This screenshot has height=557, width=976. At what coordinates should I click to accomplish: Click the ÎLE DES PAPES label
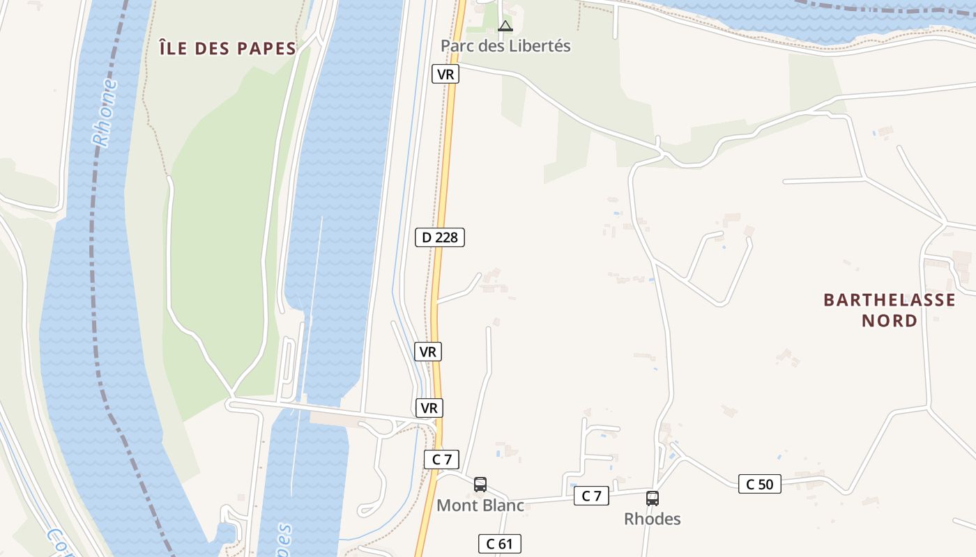pos(228,48)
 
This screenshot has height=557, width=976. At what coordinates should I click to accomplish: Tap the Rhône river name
pos(105,113)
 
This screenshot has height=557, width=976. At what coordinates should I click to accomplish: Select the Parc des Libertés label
pos(505,46)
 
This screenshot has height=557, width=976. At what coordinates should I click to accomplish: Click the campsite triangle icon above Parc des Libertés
pos(505,26)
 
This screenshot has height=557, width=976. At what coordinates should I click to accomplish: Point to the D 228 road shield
pos(440,237)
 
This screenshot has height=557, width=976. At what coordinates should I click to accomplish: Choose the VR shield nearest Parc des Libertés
pos(445,74)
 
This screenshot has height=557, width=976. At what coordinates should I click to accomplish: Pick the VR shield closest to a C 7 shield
pos(429,408)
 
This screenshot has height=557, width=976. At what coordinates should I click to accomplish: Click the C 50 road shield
pos(760,484)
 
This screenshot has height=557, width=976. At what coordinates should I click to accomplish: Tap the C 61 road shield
pos(500,544)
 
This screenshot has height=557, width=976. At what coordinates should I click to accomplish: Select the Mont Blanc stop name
pos(480,505)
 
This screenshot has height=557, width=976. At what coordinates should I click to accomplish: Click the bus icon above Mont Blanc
pos(480,485)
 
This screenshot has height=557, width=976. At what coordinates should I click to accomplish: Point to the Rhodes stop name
pos(652,519)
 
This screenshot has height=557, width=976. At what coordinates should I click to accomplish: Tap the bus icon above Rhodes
pos(652,499)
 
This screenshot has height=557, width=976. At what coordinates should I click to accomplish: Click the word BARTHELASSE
pos(890,300)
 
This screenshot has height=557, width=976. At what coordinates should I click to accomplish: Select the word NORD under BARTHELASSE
pos(890,320)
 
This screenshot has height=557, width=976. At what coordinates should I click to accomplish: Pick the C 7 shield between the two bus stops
pos(591,496)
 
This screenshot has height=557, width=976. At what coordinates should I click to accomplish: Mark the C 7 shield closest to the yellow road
pos(442,460)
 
